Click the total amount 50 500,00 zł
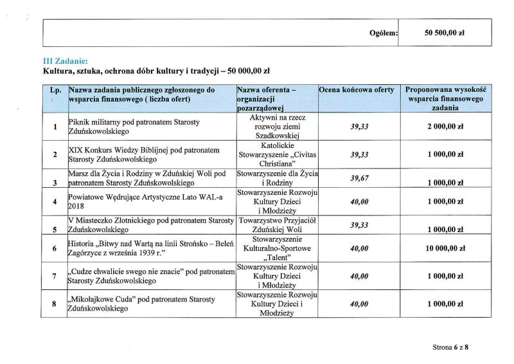[x=445, y=32]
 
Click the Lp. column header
[x=55, y=91]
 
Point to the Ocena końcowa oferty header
[x=356, y=91]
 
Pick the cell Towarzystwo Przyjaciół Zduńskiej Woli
[x=278, y=224]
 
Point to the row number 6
[x=55, y=248]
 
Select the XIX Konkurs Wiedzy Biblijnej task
[x=135, y=154]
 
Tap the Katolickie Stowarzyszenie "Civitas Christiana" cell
[x=278, y=155]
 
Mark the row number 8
[x=55, y=304]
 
